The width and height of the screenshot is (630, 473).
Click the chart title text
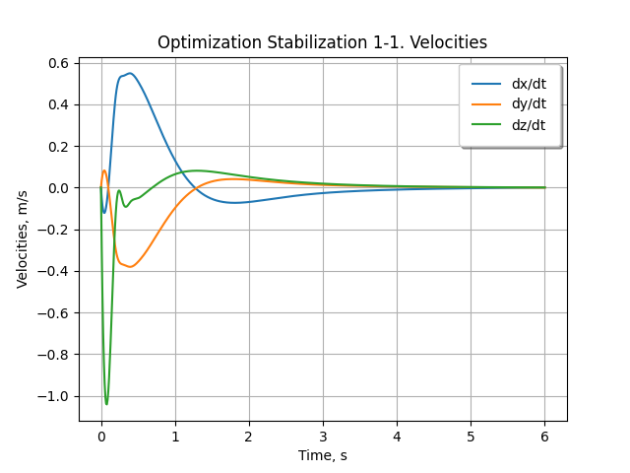(322, 42)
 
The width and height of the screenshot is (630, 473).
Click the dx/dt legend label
(529, 84)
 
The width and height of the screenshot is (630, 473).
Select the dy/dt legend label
(529, 104)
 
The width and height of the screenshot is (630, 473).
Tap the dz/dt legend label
(529, 125)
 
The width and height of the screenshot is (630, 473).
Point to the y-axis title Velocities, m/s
(23, 239)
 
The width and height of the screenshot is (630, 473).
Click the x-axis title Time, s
(322, 455)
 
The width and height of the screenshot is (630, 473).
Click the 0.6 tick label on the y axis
(59, 63)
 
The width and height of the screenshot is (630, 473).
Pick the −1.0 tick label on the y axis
(53, 396)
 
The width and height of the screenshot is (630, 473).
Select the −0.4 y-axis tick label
(53, 272)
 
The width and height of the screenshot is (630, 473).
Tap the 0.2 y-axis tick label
(59, 147)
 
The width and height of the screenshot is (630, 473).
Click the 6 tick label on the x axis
(544, 437)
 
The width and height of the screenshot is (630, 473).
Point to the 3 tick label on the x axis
(323, 437)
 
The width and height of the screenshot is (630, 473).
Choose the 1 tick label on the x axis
(175, 437)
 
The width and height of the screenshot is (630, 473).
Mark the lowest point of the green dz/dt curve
(106, 404)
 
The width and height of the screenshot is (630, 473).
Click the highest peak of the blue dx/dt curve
(130, 73)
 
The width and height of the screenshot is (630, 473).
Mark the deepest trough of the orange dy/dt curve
(130, 267)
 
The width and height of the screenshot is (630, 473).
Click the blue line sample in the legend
(486, 84)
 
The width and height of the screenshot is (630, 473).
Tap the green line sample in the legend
(486, 125)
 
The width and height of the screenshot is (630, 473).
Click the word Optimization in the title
(210, 42)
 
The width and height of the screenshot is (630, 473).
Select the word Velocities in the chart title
(448, 42)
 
